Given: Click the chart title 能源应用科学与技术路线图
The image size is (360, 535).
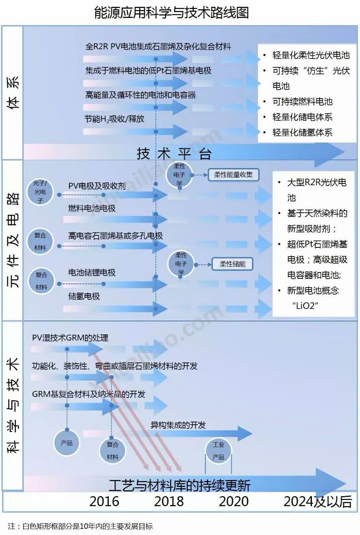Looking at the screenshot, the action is [x=171, y=13].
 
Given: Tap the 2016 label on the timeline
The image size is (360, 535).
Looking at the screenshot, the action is [x=104, y=501].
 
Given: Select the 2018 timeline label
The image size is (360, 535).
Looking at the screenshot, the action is [x=169, y=501].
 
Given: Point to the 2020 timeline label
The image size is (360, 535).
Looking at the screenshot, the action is [x=234, y=501].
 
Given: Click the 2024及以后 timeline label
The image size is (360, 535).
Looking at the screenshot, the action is [x=318, y=501].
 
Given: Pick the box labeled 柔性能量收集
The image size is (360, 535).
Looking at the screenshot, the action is [x=233, y=175].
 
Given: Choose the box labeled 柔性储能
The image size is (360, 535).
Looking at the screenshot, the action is [x=232, y=264].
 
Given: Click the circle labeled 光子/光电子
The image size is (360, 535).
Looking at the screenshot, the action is [x=40, y=192].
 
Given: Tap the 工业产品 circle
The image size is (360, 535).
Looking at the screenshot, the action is [x=218, y=451].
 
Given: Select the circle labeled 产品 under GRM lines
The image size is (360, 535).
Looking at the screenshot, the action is [x=66, y=443].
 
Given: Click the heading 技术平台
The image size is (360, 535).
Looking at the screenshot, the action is [x=174, y=153].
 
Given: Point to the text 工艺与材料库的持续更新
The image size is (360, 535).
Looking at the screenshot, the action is [x=180, y=485].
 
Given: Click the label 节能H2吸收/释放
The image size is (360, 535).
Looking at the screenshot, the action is [x=115, y=119].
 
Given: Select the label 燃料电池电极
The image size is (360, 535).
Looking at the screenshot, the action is [x=92, y=208].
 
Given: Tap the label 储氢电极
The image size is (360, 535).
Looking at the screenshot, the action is [x=84, y=296].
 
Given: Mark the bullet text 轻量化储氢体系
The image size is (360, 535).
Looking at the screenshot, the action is [x=302, y=132].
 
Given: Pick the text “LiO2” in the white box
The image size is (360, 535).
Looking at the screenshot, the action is [x=305, y=306].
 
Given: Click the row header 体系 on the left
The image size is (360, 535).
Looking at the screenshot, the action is [x=13, y=93].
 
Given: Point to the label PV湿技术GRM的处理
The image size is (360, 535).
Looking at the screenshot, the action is [x=70, y=338].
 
